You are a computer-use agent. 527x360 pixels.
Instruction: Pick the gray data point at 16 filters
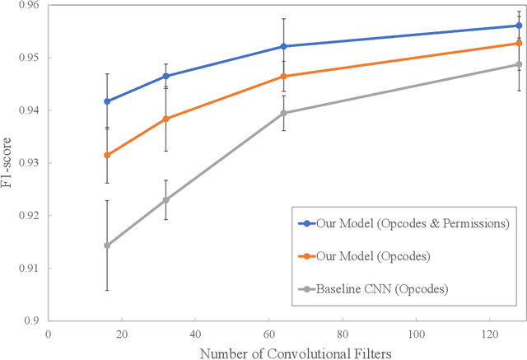[107, 245]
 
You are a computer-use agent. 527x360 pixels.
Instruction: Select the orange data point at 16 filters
[107, 155]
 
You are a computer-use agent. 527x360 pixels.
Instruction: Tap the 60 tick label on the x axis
[268, 334]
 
